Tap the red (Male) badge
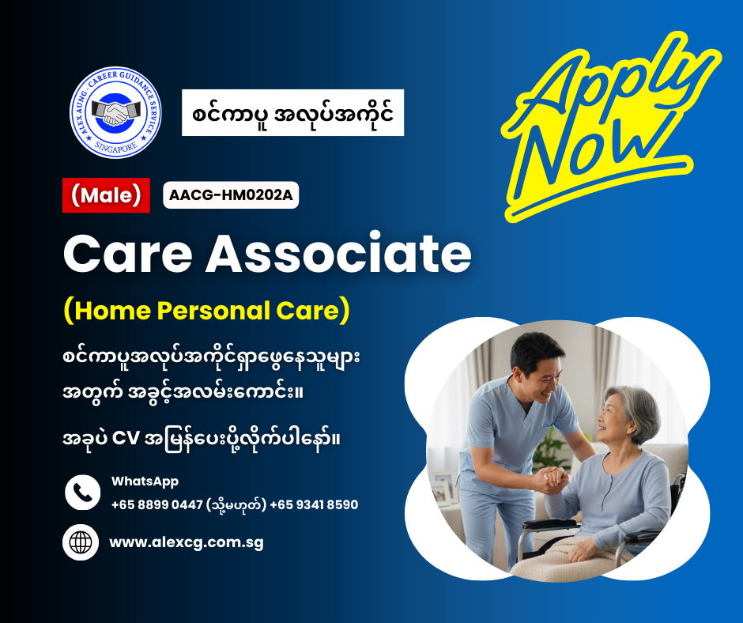pos(106,195)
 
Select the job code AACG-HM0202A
pos(231,195)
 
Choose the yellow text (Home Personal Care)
pos(206,310)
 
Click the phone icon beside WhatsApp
pos(82,493)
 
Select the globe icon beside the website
pos(81,543)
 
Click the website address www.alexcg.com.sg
pos(186,543)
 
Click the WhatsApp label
pos(145,481)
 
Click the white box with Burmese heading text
pos(292,113)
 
